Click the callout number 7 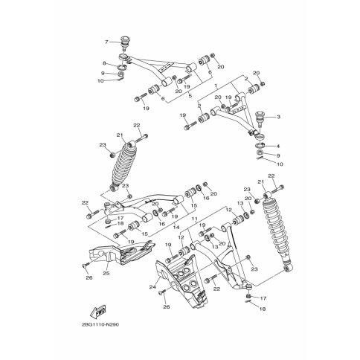pyautogui.click(x=107, y=42)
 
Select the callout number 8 pyautogui.click(x=105, y=64)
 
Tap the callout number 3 pyautogui.click(x=277, y=118)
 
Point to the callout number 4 pyautogui.click(x=277, y=146)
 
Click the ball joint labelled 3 pyautogui.click(x=261, y=118)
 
